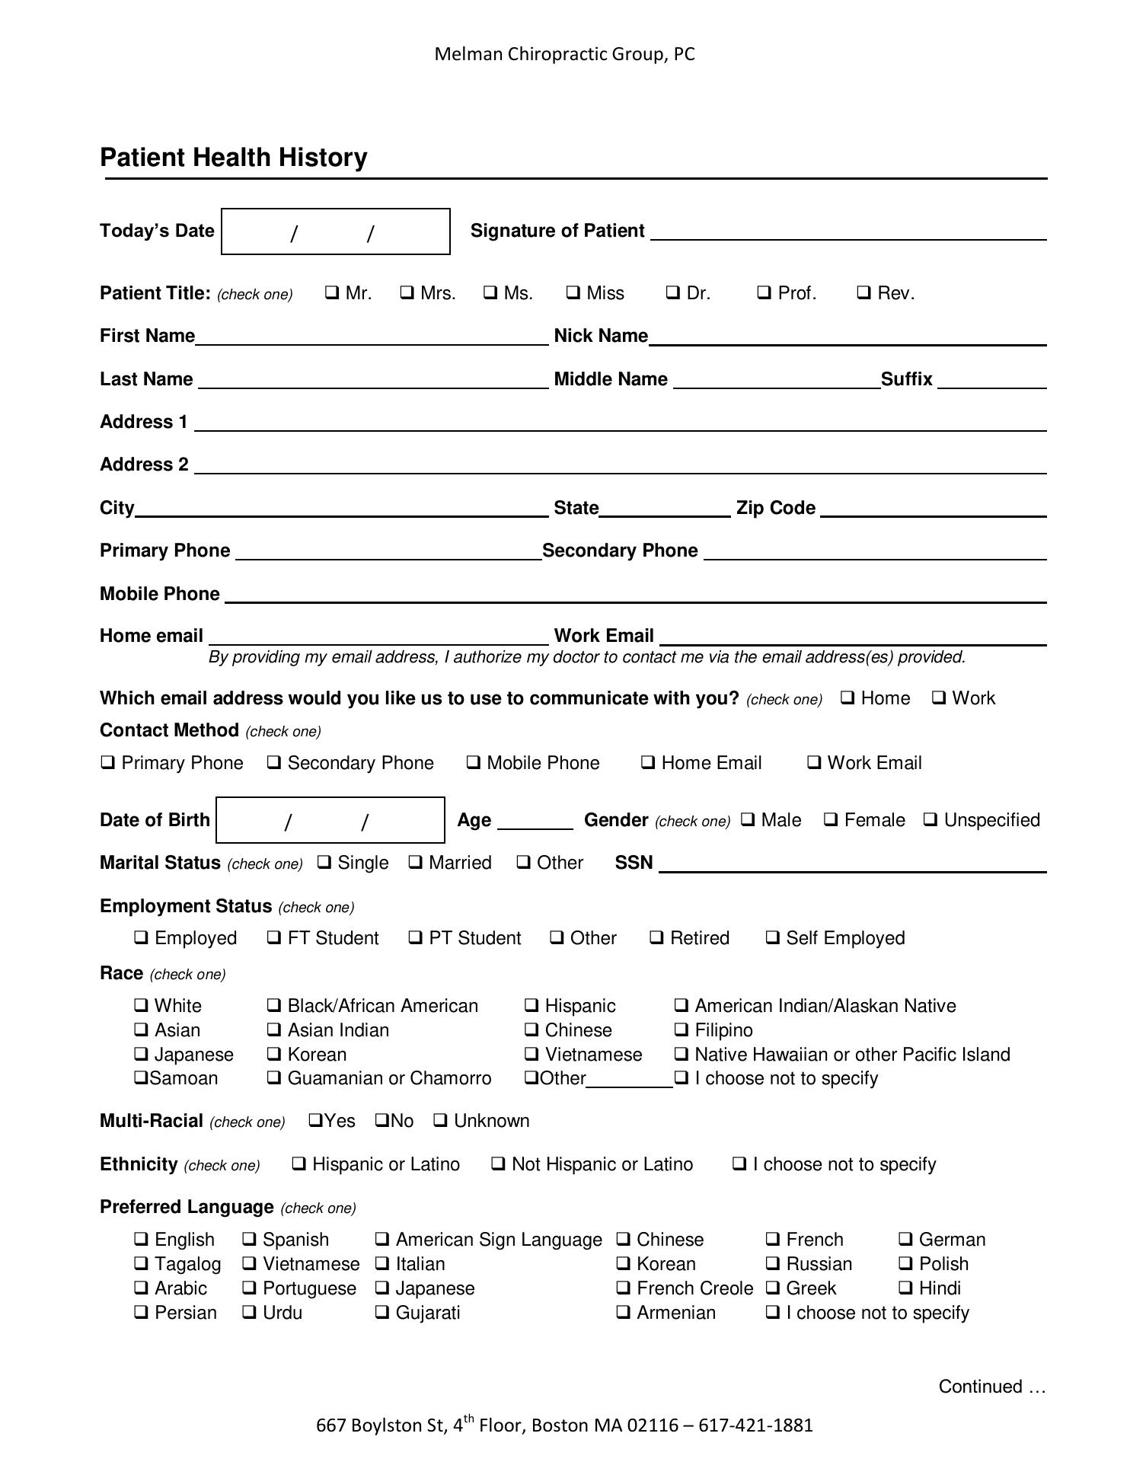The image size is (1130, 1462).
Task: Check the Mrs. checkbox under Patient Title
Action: (x=407, y=292)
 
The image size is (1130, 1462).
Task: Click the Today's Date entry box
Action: (x=335, y=231)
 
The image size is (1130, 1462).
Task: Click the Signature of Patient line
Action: (x=848, y=232)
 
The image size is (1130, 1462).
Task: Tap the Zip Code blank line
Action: (x=933, y=509)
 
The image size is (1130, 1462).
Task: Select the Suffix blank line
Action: (x=991, y=381)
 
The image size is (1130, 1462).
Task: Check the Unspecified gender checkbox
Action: (x=930, y=819)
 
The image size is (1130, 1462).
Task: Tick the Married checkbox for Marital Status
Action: (x=416, y=862)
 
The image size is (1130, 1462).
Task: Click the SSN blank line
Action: (x=852, y=864)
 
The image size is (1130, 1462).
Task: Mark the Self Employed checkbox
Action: (x=773, y=937)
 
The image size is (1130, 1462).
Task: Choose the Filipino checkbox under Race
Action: (x=682, y=1029)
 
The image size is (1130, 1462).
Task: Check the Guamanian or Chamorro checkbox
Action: (x=274, y=1077)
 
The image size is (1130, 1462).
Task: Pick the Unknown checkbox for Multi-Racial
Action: (x=440, y=1120)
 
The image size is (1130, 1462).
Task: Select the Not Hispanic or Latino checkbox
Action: (x=498, y=1164)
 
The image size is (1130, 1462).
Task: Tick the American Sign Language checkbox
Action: (x=382, y=1239)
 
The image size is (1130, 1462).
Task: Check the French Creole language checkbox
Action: (x=624, y=1288)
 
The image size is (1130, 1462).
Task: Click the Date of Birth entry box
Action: (x=330, y=821)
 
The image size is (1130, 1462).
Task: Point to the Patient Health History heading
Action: (x=234, y=158)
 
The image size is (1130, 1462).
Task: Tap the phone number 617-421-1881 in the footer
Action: (x=755, y=1425)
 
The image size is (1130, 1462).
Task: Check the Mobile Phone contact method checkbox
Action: (x=474, y=762)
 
